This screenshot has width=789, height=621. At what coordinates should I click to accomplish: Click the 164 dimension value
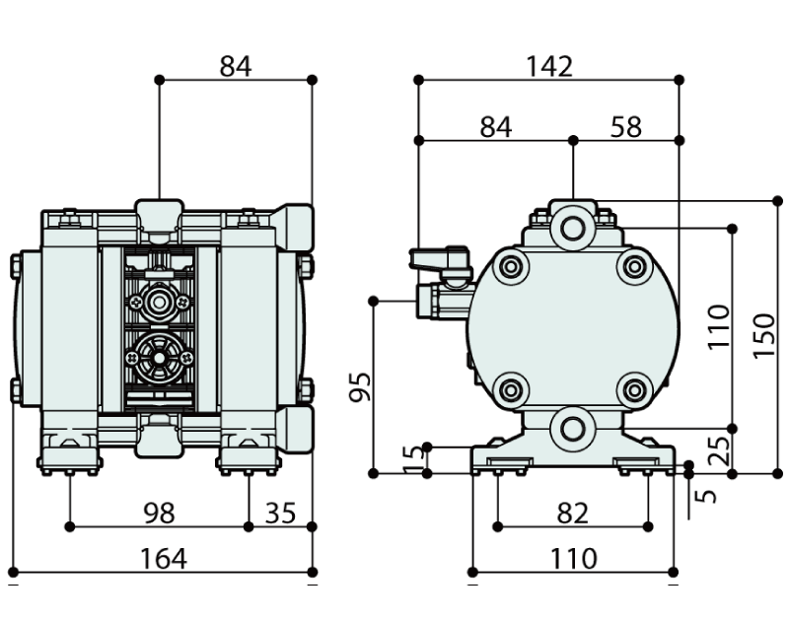pyautogui.click(x=163, y=559)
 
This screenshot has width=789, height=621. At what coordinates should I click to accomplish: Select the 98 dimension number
pyautogui.click(x=159, y=513)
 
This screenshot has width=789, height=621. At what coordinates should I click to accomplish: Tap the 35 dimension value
pyautogui.click(x=280, y=513)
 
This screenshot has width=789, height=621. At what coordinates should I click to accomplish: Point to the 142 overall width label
pyautogui.click(x=548, y=66)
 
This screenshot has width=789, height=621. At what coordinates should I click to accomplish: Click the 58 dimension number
pyautogui.click(x=625, y=127)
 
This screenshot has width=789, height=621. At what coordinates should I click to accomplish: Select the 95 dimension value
pyautogui.click(x=360, y=387)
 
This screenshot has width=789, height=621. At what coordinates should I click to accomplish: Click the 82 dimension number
pyautogui.click(x=572, y=513)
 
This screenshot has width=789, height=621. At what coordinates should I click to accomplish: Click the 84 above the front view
pyautogui.click(x=236, y=66)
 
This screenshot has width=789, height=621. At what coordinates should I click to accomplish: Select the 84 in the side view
pyautogui.click(x=495, y=127)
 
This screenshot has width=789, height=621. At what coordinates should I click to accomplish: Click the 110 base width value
pyautogui.click(x=573, y=559)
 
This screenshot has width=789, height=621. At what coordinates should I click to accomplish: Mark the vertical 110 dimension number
pyautogui.click(x=719, y=326)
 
